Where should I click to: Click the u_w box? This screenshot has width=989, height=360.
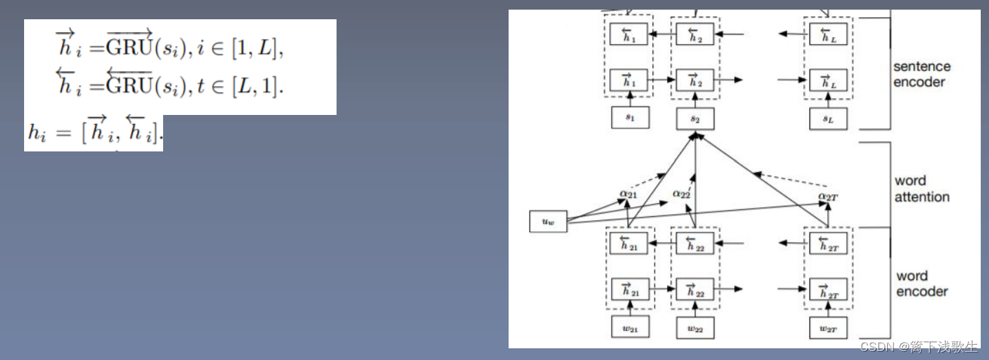click(548, 222)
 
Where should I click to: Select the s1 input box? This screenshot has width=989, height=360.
click(630, 118)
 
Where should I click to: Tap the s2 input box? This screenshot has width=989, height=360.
click(695, 118)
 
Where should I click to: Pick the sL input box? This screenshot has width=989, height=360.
click(828, 118)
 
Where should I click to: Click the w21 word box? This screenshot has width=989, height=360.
click(630, 328)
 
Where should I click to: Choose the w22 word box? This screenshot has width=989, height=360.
click(695, 328)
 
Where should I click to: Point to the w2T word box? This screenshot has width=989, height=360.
click(828, 328)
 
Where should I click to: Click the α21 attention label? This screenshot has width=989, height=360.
click(628, 195)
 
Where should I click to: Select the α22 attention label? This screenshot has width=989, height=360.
click(681, 195)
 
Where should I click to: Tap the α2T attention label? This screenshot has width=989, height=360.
click(828, 197)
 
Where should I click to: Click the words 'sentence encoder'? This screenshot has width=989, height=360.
click(922, 74)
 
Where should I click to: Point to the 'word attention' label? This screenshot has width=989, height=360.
click(922, 189)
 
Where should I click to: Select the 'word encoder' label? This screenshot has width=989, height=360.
click(922, 284)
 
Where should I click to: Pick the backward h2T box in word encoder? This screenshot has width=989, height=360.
click(828, 243)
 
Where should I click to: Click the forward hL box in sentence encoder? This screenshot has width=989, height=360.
click(828, 81)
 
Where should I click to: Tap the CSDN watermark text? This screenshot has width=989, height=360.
click(919, 347)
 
